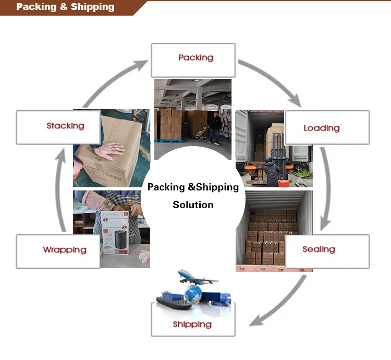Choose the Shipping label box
coord(192,323)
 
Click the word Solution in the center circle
coord(193,205)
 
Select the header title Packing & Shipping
coord(65,7)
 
